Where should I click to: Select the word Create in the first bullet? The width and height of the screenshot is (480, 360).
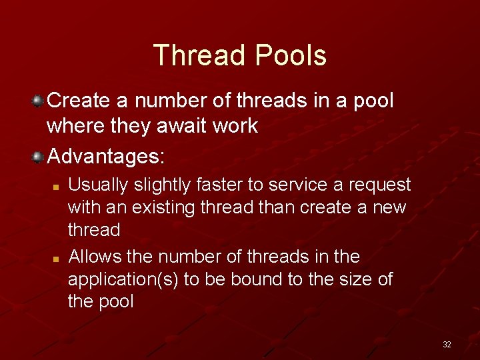click(x=79, y=101)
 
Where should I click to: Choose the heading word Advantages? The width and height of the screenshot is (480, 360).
click(x=105, y=157)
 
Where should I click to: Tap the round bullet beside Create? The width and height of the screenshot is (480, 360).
click(x=39, y=101)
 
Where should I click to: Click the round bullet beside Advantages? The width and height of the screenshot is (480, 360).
click(x=39, y=157)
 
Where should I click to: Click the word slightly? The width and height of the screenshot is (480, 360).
click(x=157, y=185)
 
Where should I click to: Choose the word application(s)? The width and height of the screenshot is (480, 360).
click(x=123, y=279)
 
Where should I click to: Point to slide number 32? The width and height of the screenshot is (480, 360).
click(x=447, y=345)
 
